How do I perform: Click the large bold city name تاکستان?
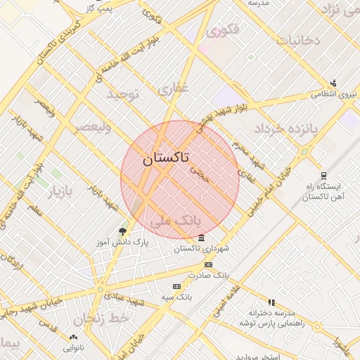(165, 159)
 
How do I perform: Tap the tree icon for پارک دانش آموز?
(123, 231)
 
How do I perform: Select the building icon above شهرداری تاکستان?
(202, 238)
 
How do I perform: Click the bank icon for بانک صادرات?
(207, 264)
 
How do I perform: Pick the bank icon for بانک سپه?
(176, 286)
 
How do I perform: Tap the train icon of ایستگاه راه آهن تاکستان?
(323, 176)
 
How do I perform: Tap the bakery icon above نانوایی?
(74, 337)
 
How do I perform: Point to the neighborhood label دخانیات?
(297, 40)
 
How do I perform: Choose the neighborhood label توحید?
(124, 94)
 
